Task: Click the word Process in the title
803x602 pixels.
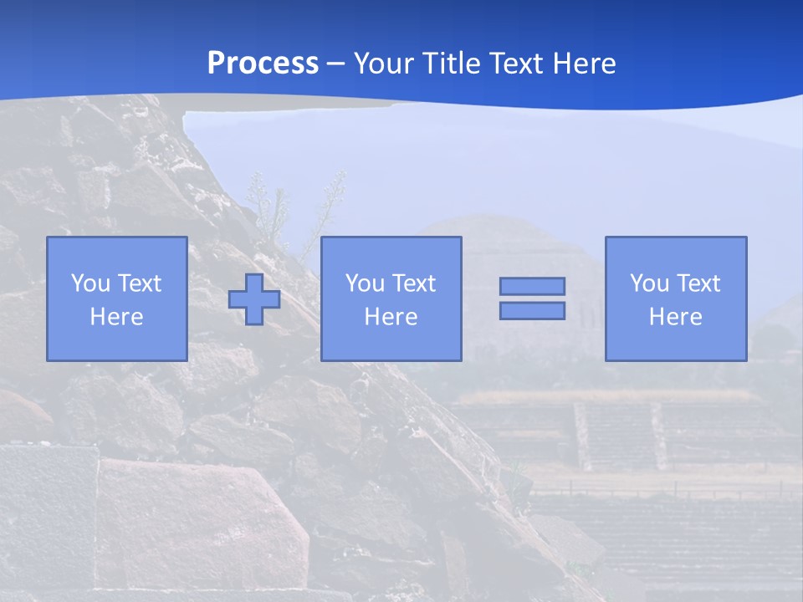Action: [263, 64]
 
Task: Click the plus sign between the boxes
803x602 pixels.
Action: [254, 299]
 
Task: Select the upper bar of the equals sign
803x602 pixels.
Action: [532, 287]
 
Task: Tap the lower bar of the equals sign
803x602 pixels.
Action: [532, 310]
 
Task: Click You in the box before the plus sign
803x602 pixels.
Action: [90, 283]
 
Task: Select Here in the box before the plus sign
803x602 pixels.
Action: [117, 317]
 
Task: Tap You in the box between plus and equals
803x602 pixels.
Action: [365, 283]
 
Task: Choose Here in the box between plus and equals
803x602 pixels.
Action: [391, 317]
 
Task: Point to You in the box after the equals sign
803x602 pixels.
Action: [649, 283]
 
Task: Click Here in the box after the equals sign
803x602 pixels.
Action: [676, 317]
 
